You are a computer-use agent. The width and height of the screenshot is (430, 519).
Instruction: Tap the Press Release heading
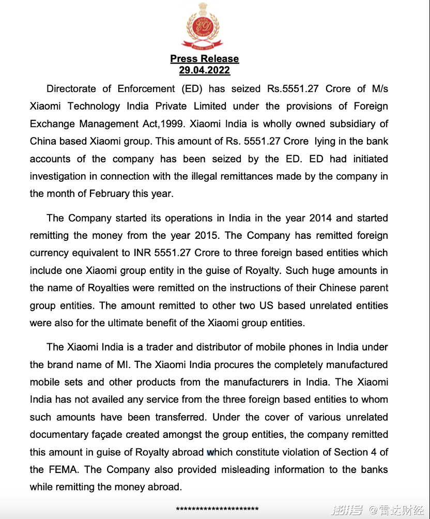pyautogui.click(x=205, y=59)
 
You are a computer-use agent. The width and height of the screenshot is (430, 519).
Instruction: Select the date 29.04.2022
pyautogui.click(x=205, y=70)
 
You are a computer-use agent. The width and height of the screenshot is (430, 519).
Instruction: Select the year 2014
pyautogui.click(x=321, y=218)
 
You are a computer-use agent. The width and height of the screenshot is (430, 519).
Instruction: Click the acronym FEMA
pyautogui.click(x=63, y=470)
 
